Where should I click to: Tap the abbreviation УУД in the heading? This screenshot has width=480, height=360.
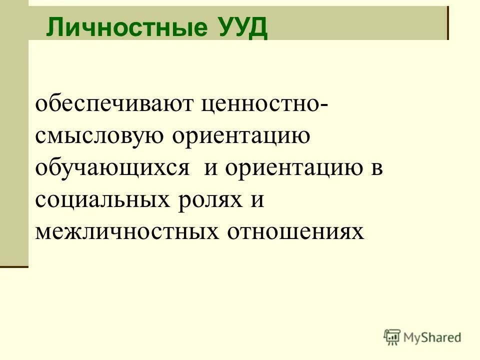coord(243,28)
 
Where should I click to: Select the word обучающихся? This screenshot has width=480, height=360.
coord(112,169)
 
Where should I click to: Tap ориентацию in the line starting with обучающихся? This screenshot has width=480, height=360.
coord(293,169)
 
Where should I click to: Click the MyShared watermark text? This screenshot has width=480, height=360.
coord(433,337)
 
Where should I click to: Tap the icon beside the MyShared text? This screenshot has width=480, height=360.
coord(393,337)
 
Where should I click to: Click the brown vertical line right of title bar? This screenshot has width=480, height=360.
coord(447,22)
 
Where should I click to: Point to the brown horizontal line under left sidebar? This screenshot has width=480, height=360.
coord(14,267)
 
